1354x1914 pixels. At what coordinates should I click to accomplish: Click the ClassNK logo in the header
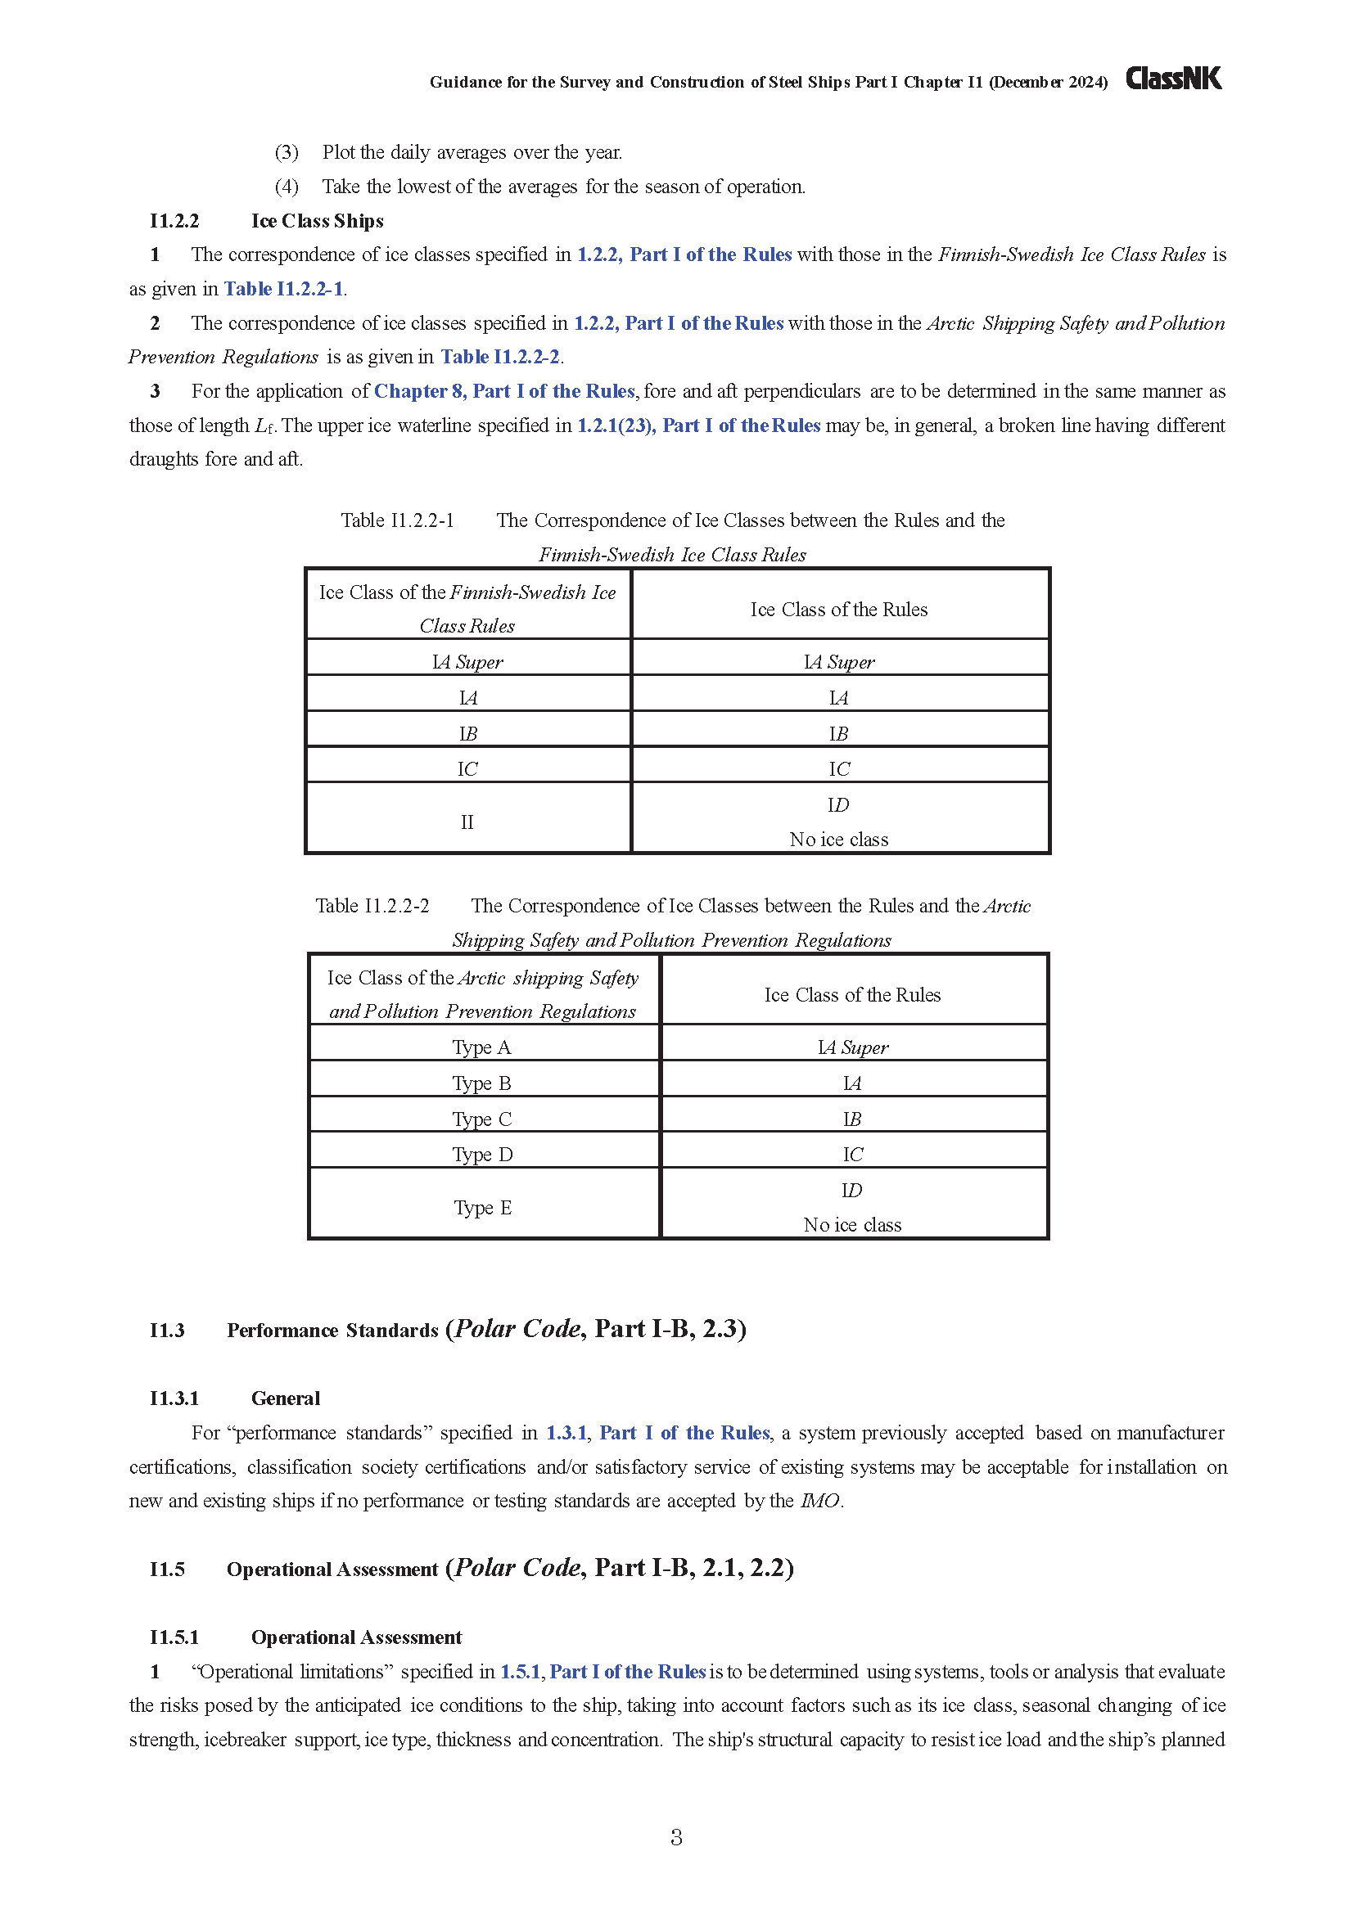[x=1173, y=79]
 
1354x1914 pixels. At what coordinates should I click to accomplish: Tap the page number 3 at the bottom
[x=676, y=1837]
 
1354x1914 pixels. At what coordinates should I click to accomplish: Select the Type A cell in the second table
[x=482, y=1047]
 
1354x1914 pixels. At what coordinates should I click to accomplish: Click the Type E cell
[x=483, y=1207]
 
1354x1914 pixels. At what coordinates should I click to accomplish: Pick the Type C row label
[x=482, y=1119]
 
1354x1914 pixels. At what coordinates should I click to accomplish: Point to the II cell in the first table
[x=467, y=822]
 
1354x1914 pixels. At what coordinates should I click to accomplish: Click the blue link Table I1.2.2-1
[x=283, y=289]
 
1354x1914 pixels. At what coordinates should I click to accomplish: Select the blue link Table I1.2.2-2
[x=500, y=358]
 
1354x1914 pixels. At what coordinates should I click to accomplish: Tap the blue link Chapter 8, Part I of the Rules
[x=504, y=392]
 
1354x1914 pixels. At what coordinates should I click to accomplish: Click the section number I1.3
[x=167, y=1331]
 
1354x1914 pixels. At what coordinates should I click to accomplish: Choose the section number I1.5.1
[x=174, y=1637]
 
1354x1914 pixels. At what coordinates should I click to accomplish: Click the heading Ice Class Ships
[x=317, y=221]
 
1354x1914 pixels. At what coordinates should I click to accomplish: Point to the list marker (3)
[x=287, y=152]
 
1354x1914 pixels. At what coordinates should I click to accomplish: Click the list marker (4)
[x=287, y=187]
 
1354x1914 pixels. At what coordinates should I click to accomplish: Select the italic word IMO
[x=819, y=1502]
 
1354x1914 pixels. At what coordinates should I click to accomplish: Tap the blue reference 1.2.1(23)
[x=616, y=426]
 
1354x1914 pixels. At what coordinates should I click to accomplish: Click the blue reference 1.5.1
[x=521, y=1672]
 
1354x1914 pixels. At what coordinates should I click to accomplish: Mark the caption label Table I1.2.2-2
[x=372, y=906]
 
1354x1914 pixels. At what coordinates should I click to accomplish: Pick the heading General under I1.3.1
[x=285, y=1398]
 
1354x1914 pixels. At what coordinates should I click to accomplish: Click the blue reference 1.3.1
[x=566, y=1433]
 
